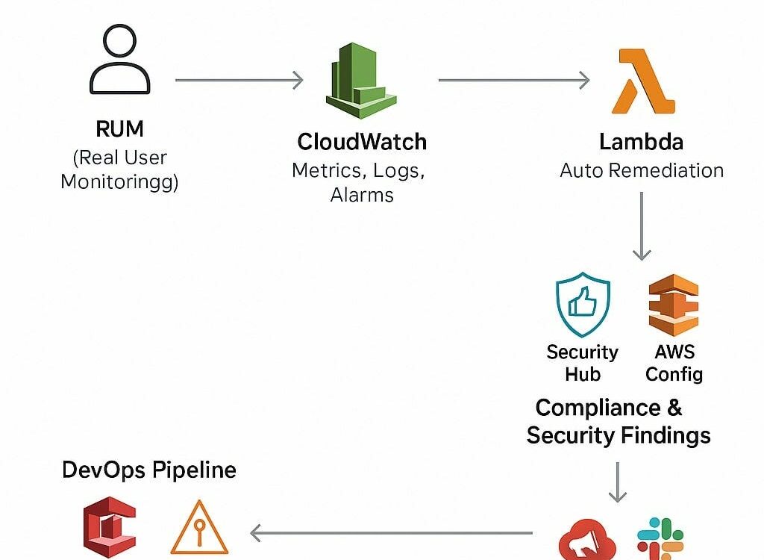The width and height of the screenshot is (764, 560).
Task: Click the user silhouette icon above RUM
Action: pos(119,63)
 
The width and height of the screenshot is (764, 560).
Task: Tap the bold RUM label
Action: pos(119,129)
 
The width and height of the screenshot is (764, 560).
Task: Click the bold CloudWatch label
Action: pos(362,142)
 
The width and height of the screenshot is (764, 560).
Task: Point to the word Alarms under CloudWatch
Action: pos(362,196)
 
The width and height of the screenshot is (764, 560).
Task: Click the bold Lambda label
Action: pos(641,142)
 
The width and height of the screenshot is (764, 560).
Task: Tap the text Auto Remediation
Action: pos(642,170)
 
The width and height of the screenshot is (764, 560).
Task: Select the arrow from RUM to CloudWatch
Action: pos(239,80)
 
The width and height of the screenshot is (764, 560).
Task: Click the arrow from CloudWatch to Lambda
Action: pos(514,80)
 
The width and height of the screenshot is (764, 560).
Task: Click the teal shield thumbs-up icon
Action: pos(583,306)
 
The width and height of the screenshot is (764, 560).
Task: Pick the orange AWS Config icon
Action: pos(674,305)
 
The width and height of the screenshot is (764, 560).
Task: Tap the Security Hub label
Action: pos(583,362)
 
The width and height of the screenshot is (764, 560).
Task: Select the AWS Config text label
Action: pos(674,362)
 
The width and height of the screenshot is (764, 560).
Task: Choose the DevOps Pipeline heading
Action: pos(149,470)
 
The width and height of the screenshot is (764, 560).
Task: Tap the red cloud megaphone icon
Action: pos(587,539)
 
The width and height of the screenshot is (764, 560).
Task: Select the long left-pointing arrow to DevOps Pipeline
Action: pos(391,533)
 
